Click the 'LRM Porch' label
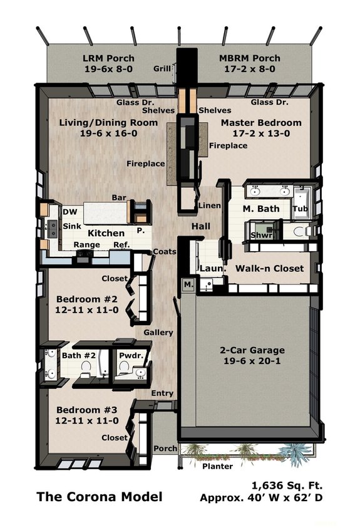click(108, 58)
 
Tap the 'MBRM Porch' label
click(250, 58)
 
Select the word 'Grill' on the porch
click(162, 69)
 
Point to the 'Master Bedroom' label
click(260, 123)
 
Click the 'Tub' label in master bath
click(300, 209)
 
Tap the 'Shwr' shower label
click(262, 236)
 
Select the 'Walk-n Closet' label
click(269, 268)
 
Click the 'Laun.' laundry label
click(208, 268)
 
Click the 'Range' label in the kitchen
click(86, 245)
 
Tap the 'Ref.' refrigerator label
click(121, 245)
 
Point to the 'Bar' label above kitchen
click(119, 198)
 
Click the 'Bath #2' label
click(78, 356)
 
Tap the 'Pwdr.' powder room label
click(131, 356)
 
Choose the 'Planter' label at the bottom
click(217, 466)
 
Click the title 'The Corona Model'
click(99, 497)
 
